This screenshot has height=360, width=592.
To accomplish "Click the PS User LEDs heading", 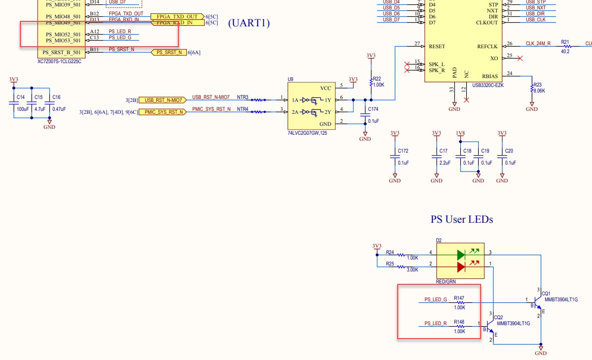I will tap(462, 219).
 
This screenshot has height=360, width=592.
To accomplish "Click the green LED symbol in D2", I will tap(461, 255).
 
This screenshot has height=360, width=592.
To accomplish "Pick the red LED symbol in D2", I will tap(461, 267).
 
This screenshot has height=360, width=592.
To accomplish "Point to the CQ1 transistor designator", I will tap(546, 293).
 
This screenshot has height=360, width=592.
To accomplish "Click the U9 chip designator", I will tap(291, 79).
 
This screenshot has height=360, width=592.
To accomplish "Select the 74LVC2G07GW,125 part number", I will tap(308, 133).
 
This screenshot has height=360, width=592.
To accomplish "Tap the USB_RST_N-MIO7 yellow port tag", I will tap(163, 100).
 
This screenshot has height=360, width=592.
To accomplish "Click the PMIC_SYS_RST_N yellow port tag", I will tap(163, 112).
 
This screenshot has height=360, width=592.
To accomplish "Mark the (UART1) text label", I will tap(249, 23).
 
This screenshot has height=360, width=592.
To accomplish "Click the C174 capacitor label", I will tap(373, 108).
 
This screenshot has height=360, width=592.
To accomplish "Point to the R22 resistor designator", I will tap(377, 79).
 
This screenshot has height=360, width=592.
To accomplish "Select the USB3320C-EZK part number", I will tap(488, 85).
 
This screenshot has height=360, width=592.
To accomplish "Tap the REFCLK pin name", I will tap(487, 46).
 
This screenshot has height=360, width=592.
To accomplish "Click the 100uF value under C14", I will tap(22, 108).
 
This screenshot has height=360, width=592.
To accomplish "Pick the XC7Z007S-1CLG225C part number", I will tap(59, 61).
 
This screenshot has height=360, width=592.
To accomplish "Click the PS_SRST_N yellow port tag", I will tap(169, 52).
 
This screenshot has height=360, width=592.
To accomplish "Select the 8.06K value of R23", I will tap(539, 91).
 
